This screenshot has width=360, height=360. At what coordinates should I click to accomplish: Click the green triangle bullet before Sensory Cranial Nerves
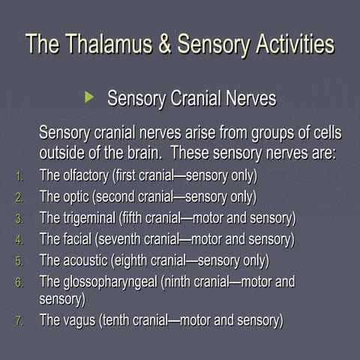pos(90,97)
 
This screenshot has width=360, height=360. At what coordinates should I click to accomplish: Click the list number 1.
pos(20,178)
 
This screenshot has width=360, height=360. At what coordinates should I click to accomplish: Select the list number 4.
pos(20,241)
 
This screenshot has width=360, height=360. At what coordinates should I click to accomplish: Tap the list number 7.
pos(20,321)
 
